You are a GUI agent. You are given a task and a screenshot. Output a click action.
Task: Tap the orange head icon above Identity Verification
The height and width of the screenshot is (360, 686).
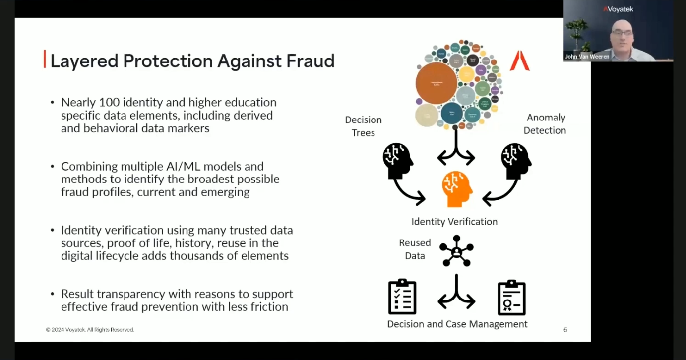tap(457, 189)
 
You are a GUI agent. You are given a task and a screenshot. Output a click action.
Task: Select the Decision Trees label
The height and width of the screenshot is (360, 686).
tap(363, 126)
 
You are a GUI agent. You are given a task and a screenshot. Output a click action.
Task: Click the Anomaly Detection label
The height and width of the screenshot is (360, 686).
tap(546, 124)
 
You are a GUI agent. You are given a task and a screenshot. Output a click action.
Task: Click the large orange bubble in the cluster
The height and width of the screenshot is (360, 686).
tap(436, 83)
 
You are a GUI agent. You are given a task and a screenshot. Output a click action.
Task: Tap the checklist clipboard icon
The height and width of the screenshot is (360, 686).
tap(402, 297)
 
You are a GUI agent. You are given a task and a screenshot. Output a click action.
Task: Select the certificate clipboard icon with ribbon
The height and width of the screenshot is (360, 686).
tap(511, 298)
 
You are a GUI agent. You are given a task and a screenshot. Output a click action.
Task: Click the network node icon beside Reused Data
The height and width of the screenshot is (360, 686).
tap(456, 250)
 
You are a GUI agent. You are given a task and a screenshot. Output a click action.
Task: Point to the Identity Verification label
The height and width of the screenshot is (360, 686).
tap(454, 222)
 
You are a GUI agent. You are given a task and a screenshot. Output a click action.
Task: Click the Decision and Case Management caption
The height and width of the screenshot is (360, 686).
tap(457, 324)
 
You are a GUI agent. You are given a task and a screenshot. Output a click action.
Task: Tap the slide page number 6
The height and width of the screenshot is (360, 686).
tap(565, 330)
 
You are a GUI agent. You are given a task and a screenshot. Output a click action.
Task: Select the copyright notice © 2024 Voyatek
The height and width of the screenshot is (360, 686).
tap(90, 330)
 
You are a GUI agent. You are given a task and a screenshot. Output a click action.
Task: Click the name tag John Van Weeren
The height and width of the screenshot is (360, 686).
tap(587, 57)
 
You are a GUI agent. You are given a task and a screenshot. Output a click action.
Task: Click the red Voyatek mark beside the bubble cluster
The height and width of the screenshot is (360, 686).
tap(519, 60)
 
